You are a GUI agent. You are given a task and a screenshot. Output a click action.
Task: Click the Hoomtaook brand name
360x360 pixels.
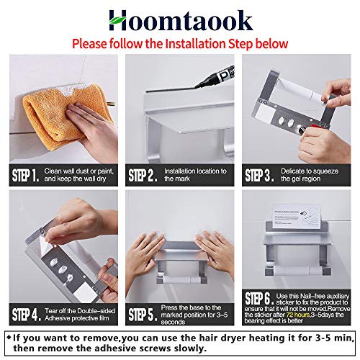click(180, 19)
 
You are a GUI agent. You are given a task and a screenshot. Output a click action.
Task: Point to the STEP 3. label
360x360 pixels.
click(258, 175)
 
